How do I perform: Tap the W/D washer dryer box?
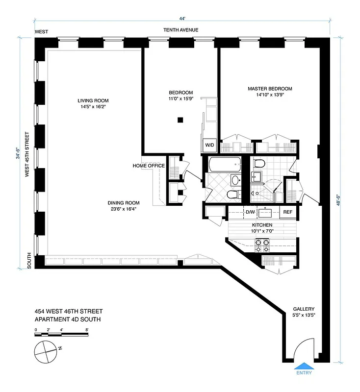(209, 145)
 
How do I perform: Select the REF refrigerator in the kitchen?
(287, 213)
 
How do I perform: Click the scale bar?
(61, 335)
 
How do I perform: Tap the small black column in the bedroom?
(180, 119)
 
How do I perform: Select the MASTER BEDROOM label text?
(270, 89)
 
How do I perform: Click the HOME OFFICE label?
(149, 166)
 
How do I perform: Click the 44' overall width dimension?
(182, 19)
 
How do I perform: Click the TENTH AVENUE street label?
(181, 30)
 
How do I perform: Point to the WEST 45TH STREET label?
(27, 154)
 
